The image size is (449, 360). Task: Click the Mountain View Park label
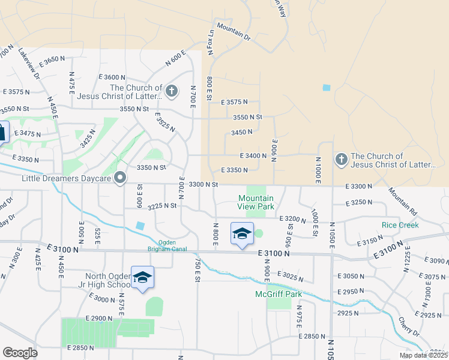click(x=256, y=202)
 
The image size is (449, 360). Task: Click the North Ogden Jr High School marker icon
click(x=142, y=277)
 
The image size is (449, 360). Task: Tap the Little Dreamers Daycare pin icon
click(x=120, y=178)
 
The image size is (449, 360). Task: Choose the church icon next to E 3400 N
click(x=341, y=160)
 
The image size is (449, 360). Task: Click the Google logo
click(x=20, y=353)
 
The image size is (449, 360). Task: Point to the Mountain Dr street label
click(x=234, y=31)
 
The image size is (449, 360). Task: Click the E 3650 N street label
click(x=52, y=61)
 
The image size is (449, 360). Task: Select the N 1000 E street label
click(x=318, y=169)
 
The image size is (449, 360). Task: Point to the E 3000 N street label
click(x=99, y=299)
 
